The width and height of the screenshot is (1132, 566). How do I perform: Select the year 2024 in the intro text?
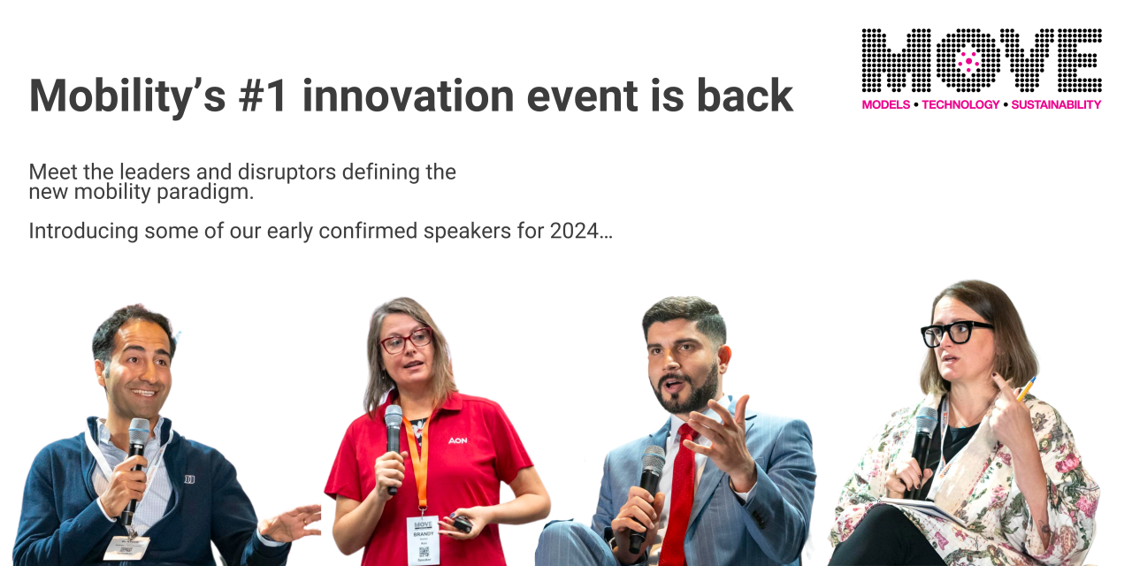(x=574, y=232)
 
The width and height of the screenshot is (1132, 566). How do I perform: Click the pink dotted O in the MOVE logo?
(x=968, y=60)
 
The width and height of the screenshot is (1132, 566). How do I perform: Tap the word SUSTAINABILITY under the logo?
(x=1056, y=104)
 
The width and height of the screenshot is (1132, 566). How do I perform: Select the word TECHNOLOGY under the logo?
(x=960, y=104)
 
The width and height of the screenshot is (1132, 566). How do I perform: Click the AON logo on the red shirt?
(x=457, y=440)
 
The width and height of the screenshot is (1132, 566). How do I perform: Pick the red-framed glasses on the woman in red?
(x=406, y=340)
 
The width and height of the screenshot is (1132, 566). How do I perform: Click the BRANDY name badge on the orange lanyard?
(x=423, y=539)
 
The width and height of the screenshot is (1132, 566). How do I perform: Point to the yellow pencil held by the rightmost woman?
(x=1026, y=388)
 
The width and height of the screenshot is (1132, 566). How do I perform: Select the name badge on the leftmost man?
(x=126, y=547)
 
